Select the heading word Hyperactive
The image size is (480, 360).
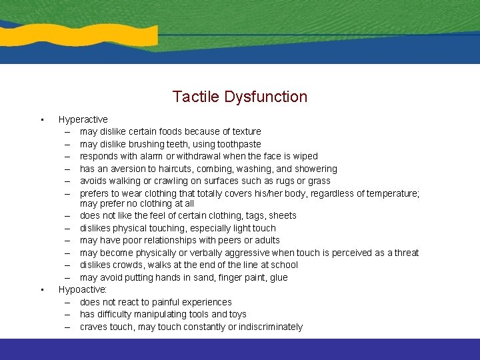[83, 119]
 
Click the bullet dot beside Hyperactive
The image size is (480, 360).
[41, 120]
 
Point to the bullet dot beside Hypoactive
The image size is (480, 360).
[41, 290]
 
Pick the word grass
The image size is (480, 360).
[319, 181]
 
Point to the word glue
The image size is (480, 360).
[279, 277]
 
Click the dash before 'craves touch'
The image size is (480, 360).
[69, 327]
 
